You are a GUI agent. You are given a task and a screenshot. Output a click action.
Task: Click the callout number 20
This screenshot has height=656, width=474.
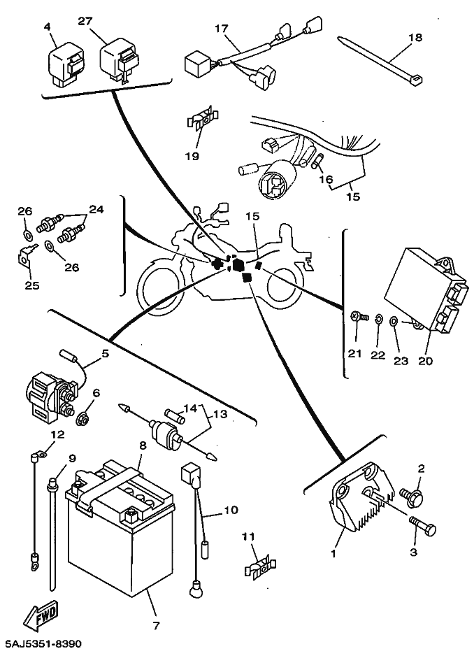pyautogui.click(x=426, y=362)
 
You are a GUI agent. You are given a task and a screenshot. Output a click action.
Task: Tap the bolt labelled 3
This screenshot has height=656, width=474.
pyautogui.click(x=419, y=525)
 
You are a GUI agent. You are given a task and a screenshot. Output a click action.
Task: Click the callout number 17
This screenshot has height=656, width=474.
pyautogui.click(x=221, y=29)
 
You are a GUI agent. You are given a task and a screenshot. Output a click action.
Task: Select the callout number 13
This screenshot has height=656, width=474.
pyautogui.click(x=220, y=414)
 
